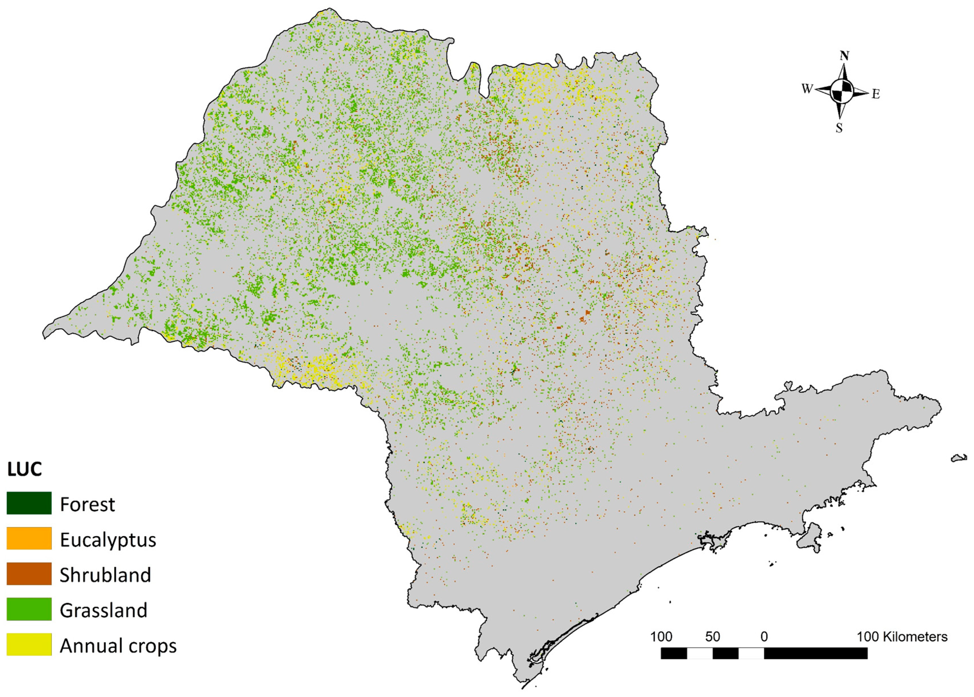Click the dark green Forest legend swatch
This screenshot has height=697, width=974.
click(29, 503)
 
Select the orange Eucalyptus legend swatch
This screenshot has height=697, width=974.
click(29, 538)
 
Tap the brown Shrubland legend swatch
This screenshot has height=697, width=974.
click(29, 574)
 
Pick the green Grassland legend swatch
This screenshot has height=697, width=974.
click(29, 609)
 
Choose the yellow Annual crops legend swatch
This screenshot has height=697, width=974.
click(29, 644)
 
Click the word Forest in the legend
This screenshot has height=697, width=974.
click(87, 504)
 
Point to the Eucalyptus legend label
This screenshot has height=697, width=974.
click(108, 540)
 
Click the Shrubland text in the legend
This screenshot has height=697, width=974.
click(105, 575)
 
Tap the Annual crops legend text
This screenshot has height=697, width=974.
click(118, 646)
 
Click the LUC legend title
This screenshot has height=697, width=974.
click(24, 469)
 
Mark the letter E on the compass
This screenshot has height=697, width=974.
click(875, 94)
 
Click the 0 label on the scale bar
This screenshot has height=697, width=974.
click(764, 636)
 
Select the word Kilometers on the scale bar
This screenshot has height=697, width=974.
click(915, 636)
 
